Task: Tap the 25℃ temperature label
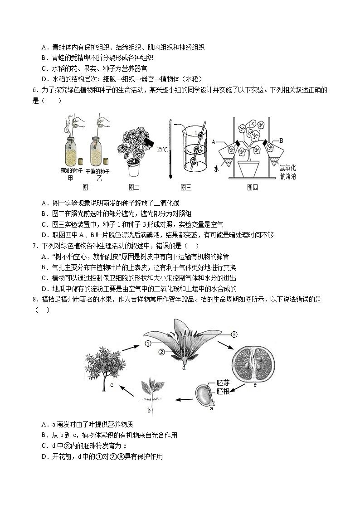point(162,149)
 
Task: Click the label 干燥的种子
point(98,171)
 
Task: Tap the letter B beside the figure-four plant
point(281,141)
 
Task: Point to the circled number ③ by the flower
point(234,334)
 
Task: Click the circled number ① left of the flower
point(148,344)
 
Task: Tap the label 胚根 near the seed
point(223,392)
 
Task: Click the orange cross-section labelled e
point(253,361)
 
